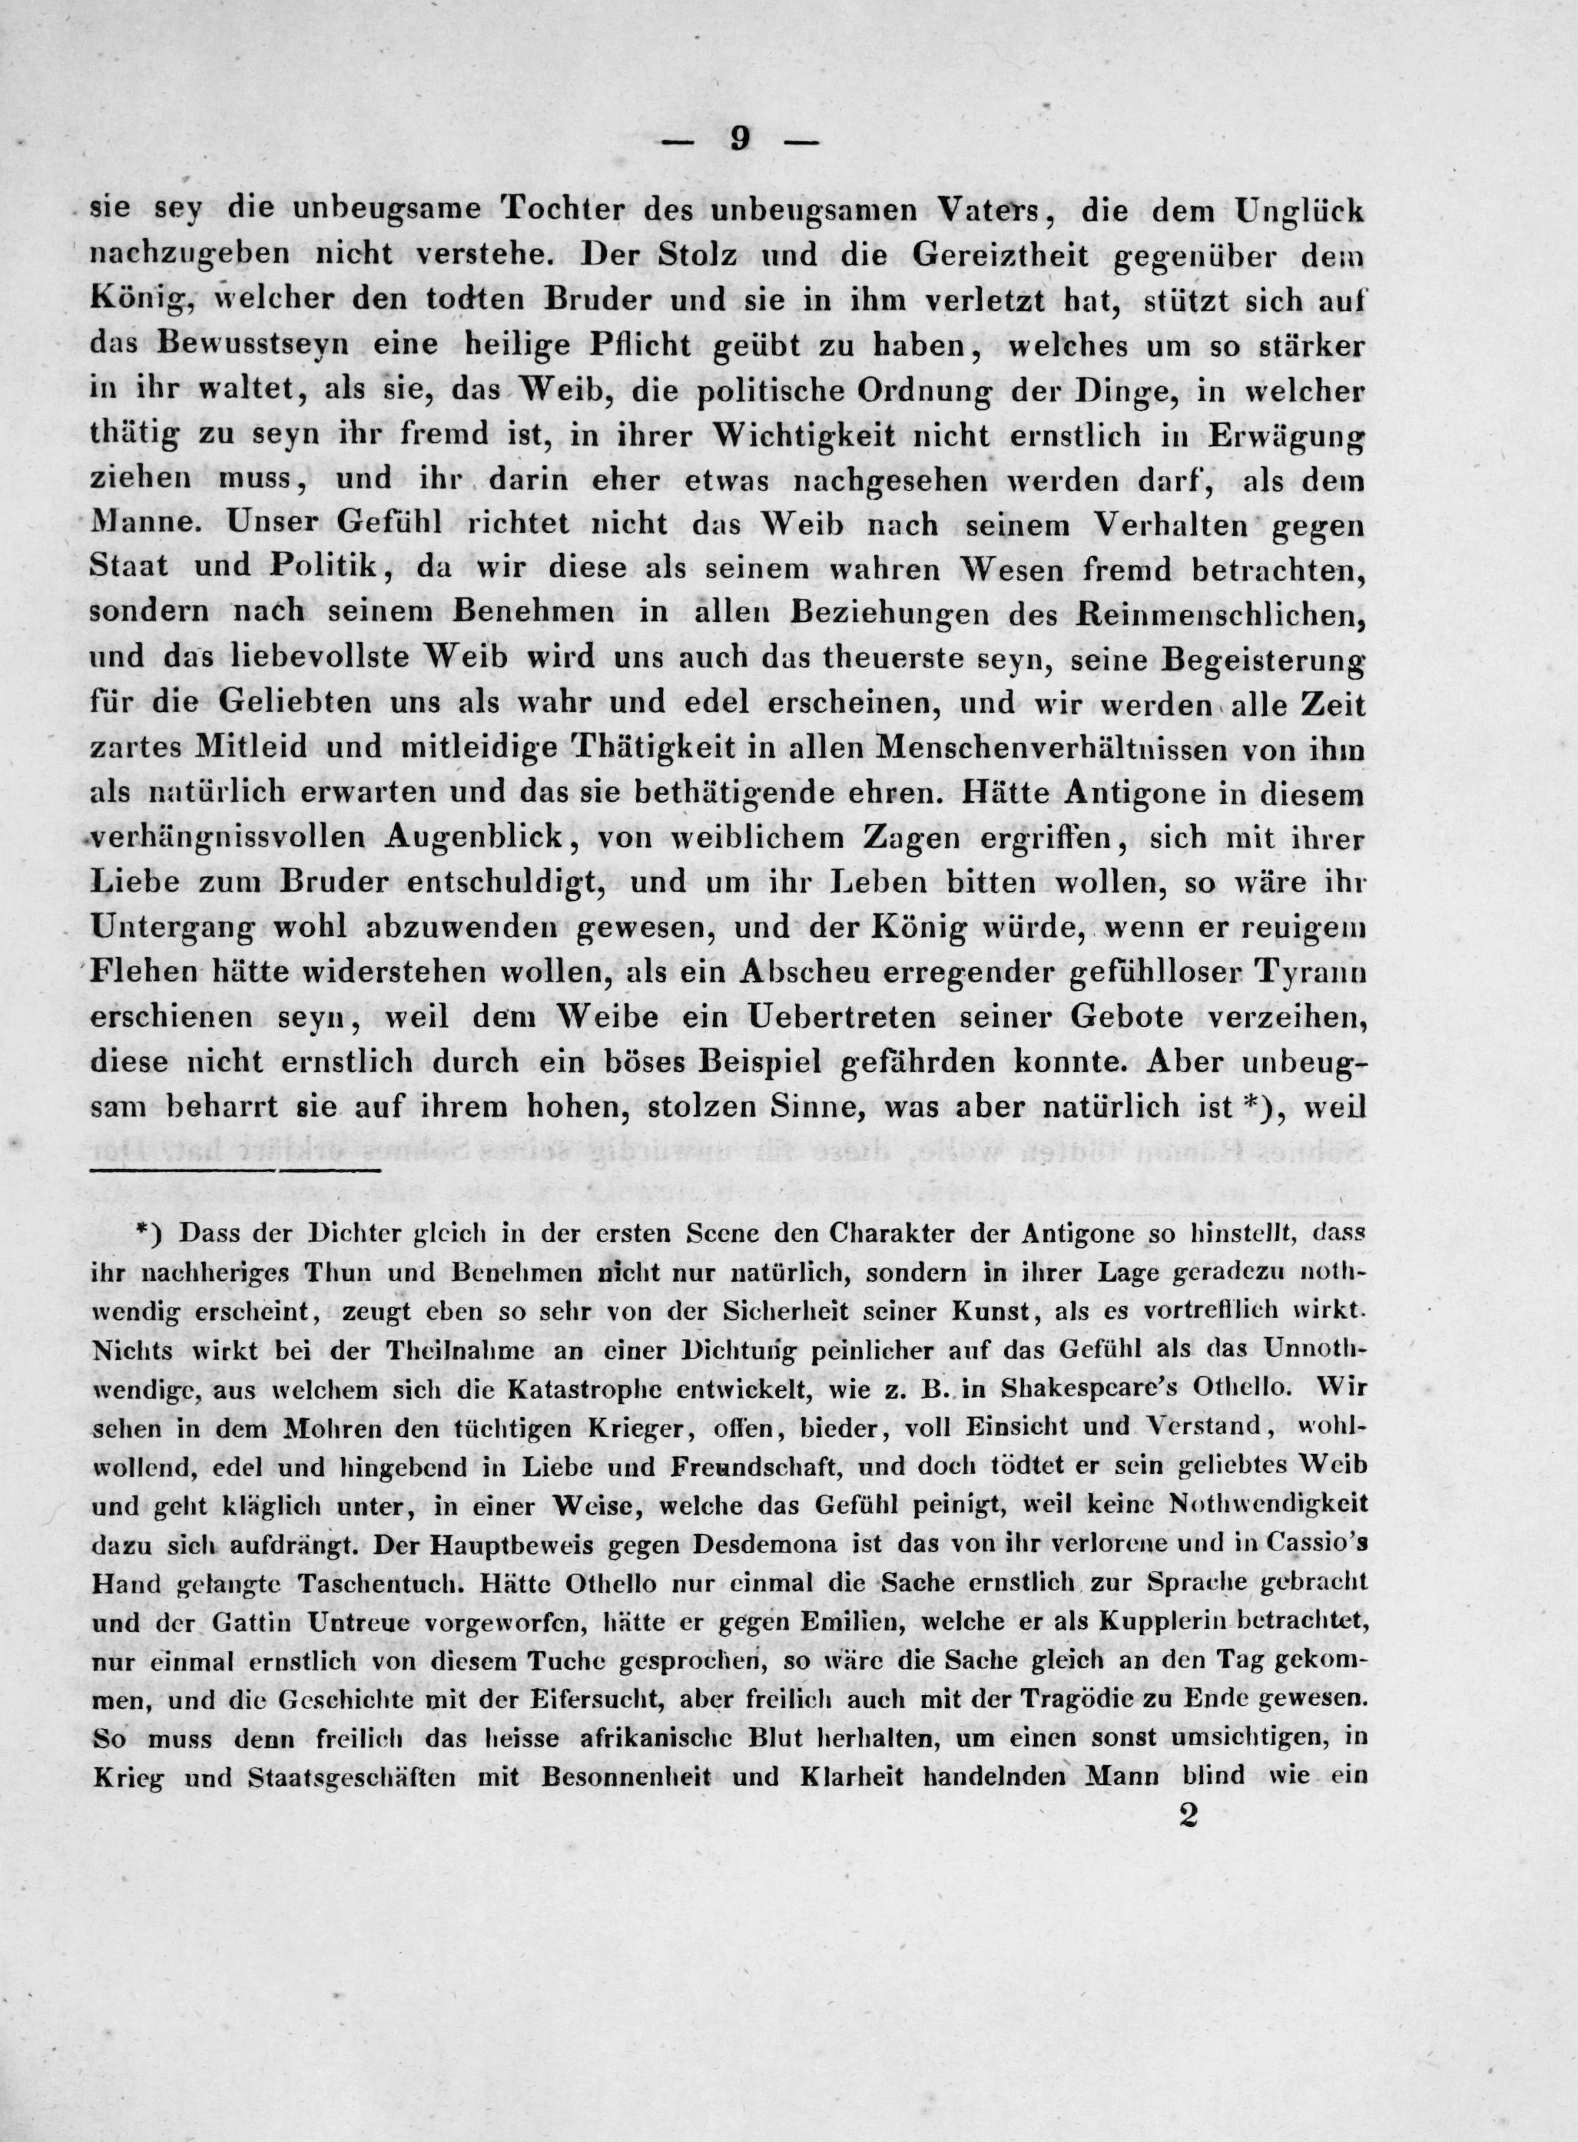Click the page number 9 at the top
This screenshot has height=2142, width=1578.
741,141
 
